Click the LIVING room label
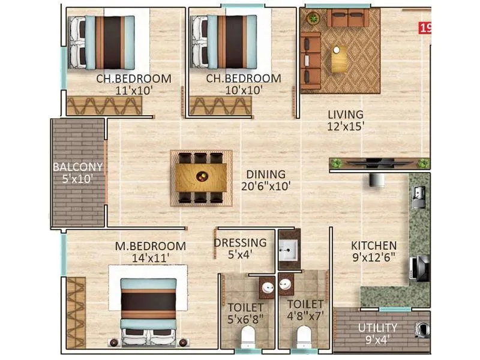pyautogui.click(x=345, y=114)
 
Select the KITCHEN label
pyautogui.click(x=374, y=245)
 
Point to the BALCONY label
pyautogui.click(x=77, y=167)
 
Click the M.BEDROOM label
pyautogui.click(x=151, y=246)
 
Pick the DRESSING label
pyautogui.click(x=240, y=243)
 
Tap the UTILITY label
pyautogui.click(x=377, y=328)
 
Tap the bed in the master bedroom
pyautogui.click(x=149, y=311)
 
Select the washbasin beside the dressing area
pyautogui.click(x=288, y=248)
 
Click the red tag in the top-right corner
pyautogui.click(x=425, y=28)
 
